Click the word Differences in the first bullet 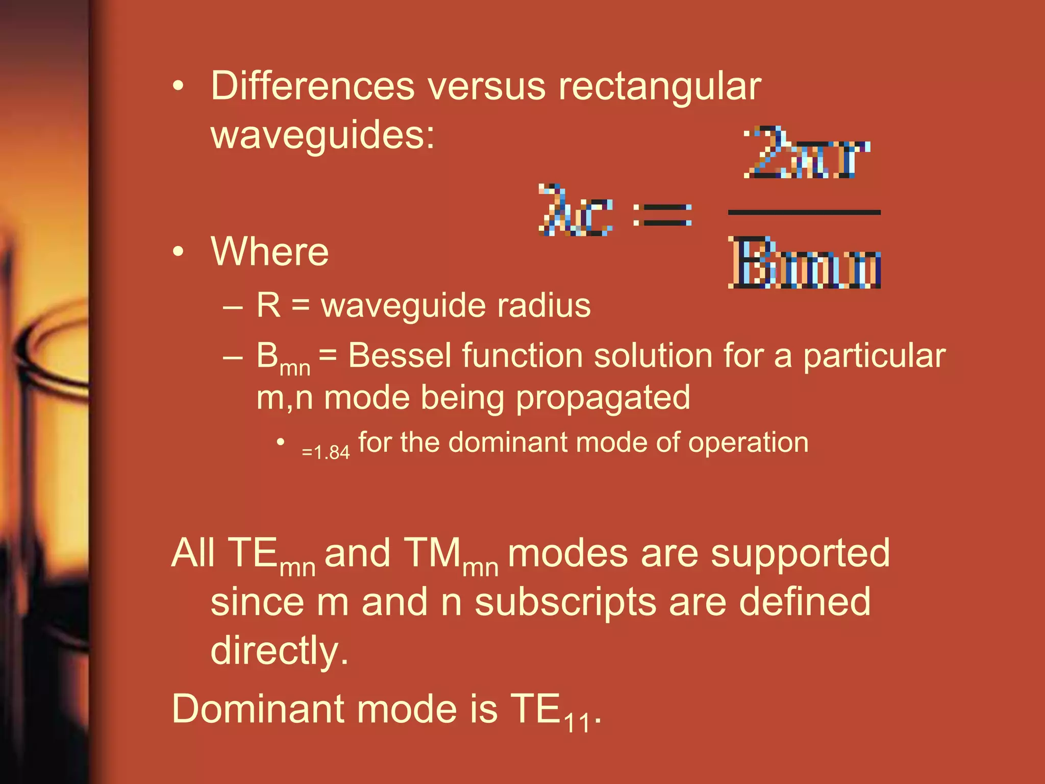click(x=312, y=86)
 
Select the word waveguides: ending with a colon click(x=322, y=135)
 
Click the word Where click(x=269, y=252)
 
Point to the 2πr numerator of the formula click(x=806, y=153)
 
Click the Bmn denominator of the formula click(x=804, y=263)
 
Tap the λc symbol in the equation click(x=575, y=210)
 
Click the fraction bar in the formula click(x=804, y=212)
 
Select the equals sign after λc click(x=662, y=214)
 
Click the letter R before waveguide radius click(x=268, y=305)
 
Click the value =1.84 click(x=326, y=452)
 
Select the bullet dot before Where click(x=178, y=252)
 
